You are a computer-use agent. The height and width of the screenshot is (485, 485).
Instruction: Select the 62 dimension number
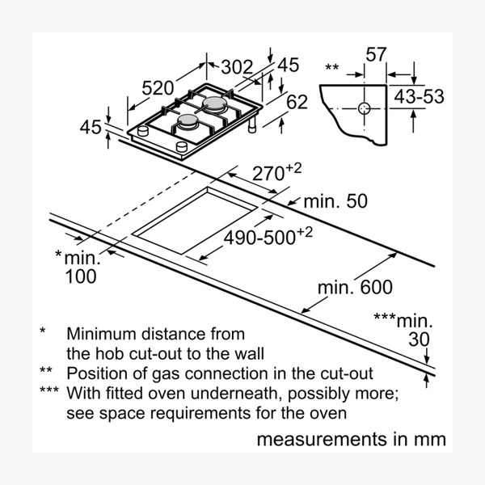pos(297,103)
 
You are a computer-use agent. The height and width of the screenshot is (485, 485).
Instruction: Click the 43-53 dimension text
pos(419,97)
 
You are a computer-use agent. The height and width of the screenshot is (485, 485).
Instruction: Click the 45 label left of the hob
pos(91,127)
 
